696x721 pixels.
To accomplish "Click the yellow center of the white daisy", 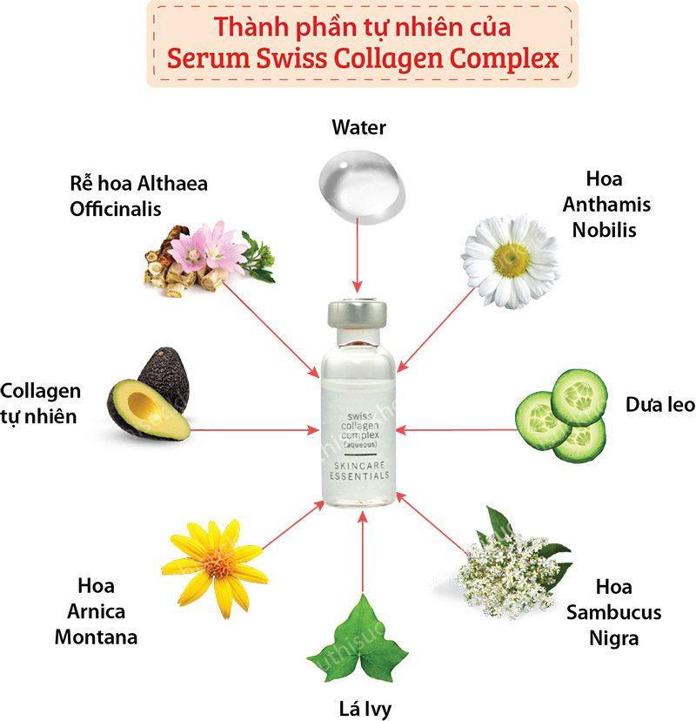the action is [511, 259].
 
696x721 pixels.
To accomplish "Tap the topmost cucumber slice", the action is [579, 396].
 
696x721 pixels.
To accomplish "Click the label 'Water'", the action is [358, 127].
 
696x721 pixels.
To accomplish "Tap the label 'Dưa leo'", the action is [660, 405].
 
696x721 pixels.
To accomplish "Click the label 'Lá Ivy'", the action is [365, 709].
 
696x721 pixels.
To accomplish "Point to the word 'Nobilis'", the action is [604, 230].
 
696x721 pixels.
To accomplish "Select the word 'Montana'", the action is [96, 637].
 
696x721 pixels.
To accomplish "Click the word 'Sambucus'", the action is [613, 612].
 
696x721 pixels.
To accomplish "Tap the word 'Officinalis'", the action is [116, 209].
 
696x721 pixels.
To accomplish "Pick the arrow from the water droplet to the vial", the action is [357, 256].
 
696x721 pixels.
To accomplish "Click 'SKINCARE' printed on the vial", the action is [359, 465].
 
